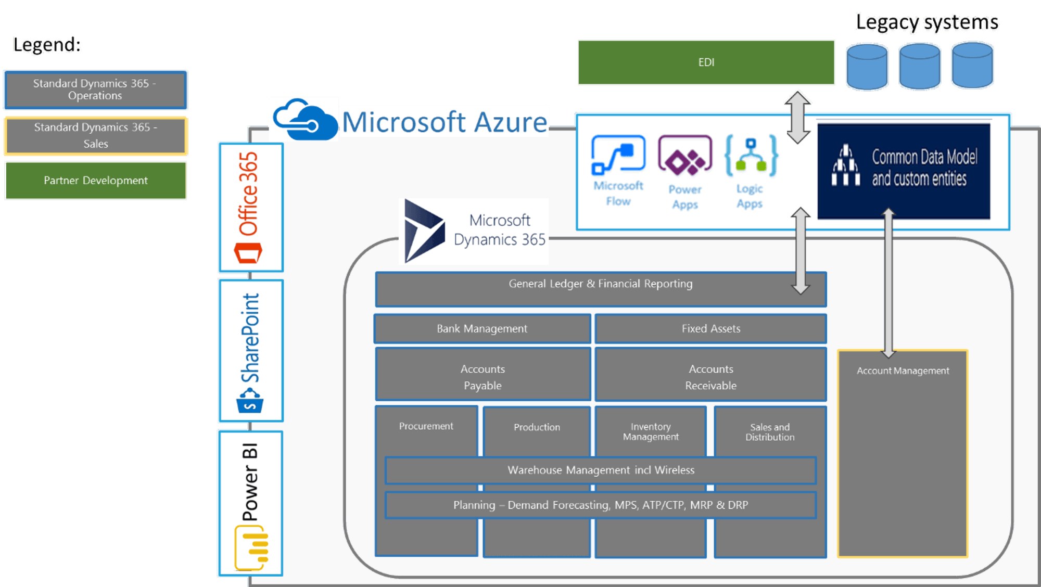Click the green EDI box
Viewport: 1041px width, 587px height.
[706, 62]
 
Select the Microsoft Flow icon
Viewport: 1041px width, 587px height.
[618, 155]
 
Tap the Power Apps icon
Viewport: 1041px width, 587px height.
[684, 156]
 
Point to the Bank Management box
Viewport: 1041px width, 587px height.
[482, 329]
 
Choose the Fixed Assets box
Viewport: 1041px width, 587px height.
[710, 329]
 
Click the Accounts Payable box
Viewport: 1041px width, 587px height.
[483, 377]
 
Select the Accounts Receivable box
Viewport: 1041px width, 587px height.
[710, 377]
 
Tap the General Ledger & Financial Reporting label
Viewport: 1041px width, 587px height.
[600, 284]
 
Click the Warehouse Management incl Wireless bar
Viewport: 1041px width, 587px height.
[601, 470]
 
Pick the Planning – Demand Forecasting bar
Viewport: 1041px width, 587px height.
[601, 505]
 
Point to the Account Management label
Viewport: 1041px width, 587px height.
[903, 371]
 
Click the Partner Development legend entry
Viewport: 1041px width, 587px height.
[96, 181]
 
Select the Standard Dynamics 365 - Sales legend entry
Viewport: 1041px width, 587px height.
[96, 136]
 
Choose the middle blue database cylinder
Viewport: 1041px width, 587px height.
[920, 66]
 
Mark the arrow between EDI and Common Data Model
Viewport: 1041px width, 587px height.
[798, 117]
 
